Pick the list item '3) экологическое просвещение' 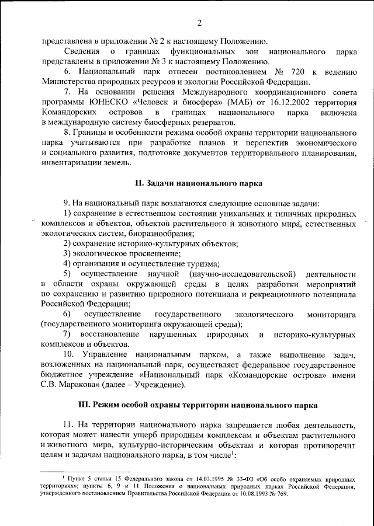pyautogui.click(x=122, y=253)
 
